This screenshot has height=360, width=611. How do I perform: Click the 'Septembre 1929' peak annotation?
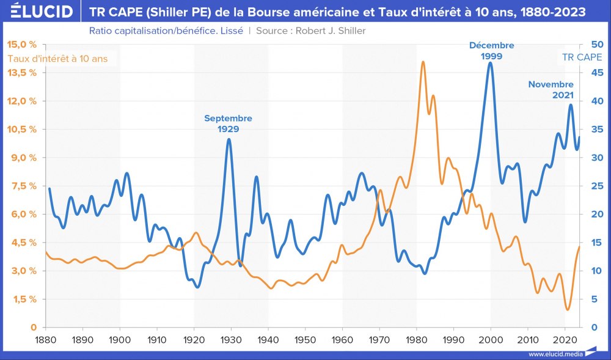click(228, 123)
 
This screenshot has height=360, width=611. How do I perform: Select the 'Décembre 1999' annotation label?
click(491, 50)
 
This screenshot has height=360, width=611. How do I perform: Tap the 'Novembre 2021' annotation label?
click(551, 90)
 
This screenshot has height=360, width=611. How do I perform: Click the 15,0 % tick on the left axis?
click(22, 44)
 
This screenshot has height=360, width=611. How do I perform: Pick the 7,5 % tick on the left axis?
click(23, 186)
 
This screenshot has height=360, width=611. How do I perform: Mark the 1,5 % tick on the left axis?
click(23, 299)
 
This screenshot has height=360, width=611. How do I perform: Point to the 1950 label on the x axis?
click(305, 339)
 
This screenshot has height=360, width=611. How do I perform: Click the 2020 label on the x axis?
click(565, 339)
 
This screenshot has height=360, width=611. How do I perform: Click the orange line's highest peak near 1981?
click(423, 62)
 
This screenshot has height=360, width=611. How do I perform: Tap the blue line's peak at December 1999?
click(490, 63)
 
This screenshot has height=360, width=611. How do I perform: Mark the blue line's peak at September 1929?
click(229, 139)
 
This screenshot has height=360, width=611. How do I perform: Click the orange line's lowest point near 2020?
click(568, 309)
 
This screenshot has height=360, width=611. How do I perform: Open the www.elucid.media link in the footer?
click(555, 354)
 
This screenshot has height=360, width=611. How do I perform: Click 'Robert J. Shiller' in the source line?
click(330, 31)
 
